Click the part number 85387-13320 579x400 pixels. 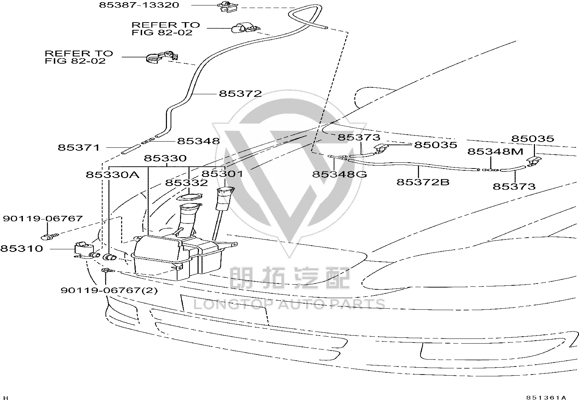[139, 5]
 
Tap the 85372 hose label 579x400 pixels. [240, 94]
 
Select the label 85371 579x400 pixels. [79, 147]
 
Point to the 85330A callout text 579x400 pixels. [112, 175]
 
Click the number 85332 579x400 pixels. [186, 183]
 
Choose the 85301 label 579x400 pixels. [222, 174]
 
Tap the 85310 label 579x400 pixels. [21, 248]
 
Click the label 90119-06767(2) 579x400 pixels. [109, 290]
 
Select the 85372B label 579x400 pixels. [423, 182]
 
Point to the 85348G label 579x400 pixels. [339, 174]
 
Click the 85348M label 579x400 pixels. [495, 151]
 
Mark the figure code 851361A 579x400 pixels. [546, 397]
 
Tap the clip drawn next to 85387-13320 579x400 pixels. [227, 7]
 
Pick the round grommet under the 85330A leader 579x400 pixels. [109, 257]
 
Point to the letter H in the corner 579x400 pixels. [5, 398]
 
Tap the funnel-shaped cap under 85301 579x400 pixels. [225, 199]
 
